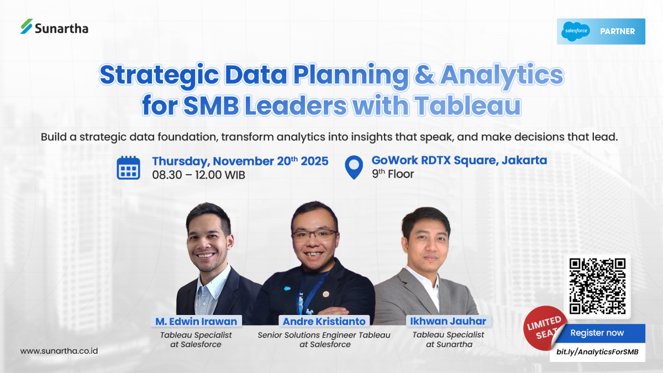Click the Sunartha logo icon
point(27,27)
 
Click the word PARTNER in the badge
point(617,31)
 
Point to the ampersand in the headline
point(424,76)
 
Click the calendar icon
point(129,167)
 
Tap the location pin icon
point(354,167)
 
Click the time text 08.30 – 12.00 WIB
point(199,175)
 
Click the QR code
point(597,286)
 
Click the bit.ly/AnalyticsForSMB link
point(597,351)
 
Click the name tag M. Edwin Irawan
point(196,321)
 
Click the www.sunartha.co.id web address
point(59,351)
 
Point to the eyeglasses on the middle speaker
point(314,235)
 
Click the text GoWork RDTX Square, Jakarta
point(459,160)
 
